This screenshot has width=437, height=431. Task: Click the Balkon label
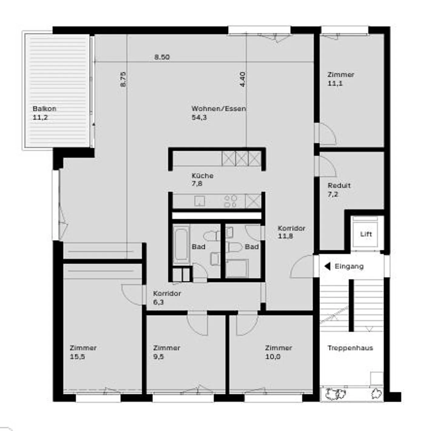click(x=44, y=109)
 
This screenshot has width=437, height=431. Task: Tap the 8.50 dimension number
click(x=162, y=57)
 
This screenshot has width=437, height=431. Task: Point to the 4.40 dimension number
click(x=242, y=79)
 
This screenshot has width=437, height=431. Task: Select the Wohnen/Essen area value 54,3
click(x=199, y=118)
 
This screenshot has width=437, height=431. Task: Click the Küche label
click(x=202, y=176)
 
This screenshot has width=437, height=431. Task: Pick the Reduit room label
click(x=339, y=185)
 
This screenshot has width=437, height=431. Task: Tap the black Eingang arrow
click(x=327, y=266)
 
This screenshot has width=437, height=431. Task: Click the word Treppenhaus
click(x=350, y=348)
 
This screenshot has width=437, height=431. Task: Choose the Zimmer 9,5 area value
click(x=158, y=357)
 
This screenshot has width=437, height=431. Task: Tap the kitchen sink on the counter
click(x=199, y=201)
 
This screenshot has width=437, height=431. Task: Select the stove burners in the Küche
click(x=230, y=201)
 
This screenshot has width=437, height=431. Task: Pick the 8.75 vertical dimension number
click(x=123, y=79)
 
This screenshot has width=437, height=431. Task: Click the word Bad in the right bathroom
click(x=252, y=247)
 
